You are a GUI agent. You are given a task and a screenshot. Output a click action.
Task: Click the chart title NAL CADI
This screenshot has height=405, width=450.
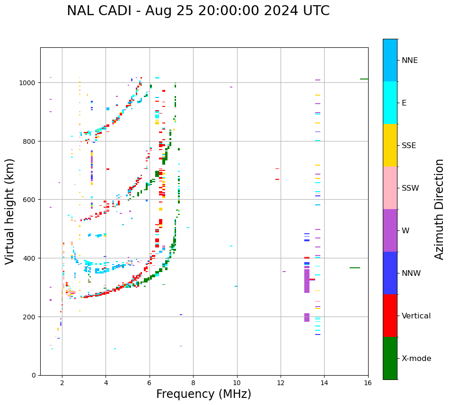pos(198,11)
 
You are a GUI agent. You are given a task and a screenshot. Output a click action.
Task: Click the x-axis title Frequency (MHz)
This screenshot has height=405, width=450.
pos(203,394)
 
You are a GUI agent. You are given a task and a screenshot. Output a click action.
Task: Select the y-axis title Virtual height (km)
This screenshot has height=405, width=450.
pos(10,211)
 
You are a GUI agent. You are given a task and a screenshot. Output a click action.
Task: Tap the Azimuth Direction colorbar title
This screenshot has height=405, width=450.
pos(440,209)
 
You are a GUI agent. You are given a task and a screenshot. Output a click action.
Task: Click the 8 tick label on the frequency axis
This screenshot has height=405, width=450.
pos(193,383)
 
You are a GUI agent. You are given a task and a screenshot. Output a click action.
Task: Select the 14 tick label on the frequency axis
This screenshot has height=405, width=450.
pos(324,383)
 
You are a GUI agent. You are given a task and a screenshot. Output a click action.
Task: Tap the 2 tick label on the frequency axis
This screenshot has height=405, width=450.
pos(62,383)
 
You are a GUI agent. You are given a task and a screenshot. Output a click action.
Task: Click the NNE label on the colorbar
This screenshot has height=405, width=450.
pos(410,60)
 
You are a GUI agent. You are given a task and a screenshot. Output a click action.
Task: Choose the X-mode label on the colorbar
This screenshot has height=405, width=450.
pos(416,358)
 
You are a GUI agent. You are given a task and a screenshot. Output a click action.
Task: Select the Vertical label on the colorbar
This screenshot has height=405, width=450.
pos(416,316)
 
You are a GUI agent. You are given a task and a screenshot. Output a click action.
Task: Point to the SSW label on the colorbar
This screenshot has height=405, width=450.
pos(410,188)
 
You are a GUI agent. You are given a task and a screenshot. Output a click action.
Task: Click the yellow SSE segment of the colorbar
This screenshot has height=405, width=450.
pos(390,145)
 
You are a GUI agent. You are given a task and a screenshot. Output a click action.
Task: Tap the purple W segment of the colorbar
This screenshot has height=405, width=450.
pos(390,230)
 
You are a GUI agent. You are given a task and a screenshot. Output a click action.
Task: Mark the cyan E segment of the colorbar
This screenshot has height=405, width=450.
pos(390,103)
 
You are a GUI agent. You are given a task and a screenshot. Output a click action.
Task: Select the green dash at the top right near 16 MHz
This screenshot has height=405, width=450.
pos(364,79)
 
